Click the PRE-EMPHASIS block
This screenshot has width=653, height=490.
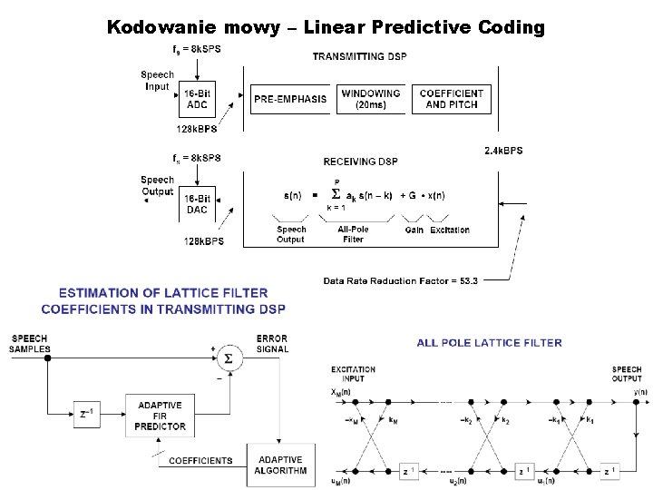tap(289, 99)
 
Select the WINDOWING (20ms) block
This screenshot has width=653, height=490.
tap(371, 99)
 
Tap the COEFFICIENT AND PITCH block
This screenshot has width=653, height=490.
tap(453, 99)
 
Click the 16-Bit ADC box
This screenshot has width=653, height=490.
tap(197, 99)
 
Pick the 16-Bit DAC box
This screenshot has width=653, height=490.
tap(197, 204)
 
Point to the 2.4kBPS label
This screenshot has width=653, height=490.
tap(502, 150)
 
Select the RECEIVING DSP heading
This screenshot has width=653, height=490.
tap(360, 162)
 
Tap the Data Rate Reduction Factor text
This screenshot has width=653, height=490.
tap(400, 280)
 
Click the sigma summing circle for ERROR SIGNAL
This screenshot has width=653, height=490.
tap(228, 358)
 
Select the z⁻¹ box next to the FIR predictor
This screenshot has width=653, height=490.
tap(87, 415)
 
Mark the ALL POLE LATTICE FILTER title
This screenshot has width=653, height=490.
tap(489, 342)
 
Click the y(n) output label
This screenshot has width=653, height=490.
tap(641, 391)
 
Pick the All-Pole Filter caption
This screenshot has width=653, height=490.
tap(353, 234)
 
